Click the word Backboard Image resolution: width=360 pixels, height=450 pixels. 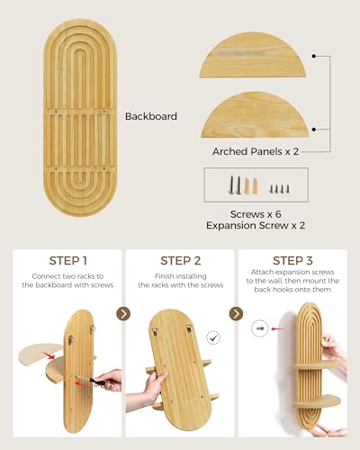[151, 116]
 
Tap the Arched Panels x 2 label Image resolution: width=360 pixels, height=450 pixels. [256, 151]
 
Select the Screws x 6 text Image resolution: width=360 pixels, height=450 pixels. [256, 214]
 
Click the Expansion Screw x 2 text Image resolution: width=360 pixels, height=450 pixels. [256, 225]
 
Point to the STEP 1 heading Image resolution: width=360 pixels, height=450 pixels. [68, 261]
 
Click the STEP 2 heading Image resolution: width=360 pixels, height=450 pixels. [181, 261]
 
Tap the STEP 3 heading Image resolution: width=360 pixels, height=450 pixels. [292, 261]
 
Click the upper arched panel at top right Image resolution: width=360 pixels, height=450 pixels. [253, 56]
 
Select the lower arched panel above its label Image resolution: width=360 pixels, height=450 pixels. [255, 115]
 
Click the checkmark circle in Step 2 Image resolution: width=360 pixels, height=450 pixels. [213, 338]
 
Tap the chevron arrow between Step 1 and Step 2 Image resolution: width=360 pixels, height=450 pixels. [123, 314]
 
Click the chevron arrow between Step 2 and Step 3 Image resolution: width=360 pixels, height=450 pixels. [236, 314]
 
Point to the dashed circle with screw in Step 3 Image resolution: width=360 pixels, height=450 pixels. [260, 328]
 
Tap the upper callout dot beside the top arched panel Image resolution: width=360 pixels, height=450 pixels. [313, 56]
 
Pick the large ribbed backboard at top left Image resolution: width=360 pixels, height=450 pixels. [80, 118]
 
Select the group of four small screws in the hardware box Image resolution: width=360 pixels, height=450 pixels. [280, 189]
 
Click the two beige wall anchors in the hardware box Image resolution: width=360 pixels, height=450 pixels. [251, 186]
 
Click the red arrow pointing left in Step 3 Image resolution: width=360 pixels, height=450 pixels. [278, 328]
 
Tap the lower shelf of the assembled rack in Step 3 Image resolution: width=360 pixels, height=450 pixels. [317, 401]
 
